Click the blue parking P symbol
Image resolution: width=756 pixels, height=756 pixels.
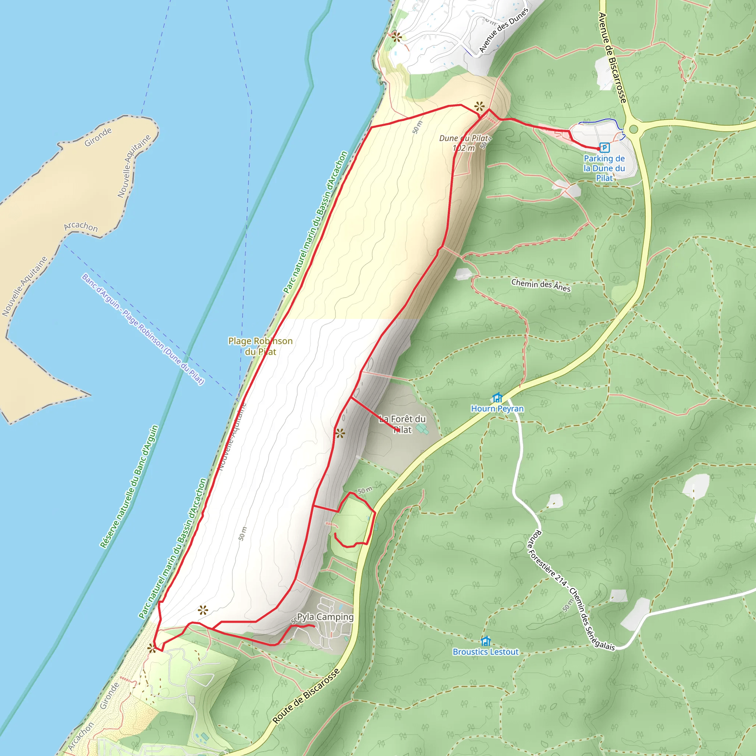pyautogui.click(x=605, y=148)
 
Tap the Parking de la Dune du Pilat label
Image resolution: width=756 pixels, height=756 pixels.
pyautogui.click(x=604, y=168)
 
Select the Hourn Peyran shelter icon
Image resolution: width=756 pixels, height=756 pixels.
pyautogui.click(x=497, y=398)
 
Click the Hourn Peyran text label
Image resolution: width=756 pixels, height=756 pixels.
pyautogui.click(x=497, y=409)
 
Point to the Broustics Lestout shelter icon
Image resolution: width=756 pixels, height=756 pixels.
pyautogui.click(x=486, y=641)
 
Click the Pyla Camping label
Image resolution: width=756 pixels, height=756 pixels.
pyautogui.click(x=325, y=617)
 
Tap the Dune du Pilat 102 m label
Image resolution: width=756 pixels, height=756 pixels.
pyautogui.click(x=464, y=143)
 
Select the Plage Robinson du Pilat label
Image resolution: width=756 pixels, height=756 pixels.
pyautogui.click(x=260, y=346)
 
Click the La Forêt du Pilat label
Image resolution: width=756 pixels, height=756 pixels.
pyautogui.click(x=402, y=424)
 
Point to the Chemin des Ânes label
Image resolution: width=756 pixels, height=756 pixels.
pyautogui.click(x=541, y=285)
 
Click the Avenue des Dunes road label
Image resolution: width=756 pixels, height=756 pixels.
pyautogui.click(x=504, y=30)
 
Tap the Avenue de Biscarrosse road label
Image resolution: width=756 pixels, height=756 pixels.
pyautogui.click(x=612, y=58)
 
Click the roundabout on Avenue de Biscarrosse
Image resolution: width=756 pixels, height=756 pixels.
pyautogui.click(x=634, y=129)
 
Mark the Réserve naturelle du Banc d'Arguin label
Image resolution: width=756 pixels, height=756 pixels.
pyautogui.click(x=129, y=487)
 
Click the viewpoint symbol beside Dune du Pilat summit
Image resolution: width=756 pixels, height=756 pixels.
pyautogui.click(x=480, y=106)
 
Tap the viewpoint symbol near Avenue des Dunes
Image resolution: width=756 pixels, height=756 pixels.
pyautogui.click(x=396, y=37)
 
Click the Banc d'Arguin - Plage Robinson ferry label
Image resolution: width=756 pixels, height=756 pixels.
pyautogui.click(x=143, y=329)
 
